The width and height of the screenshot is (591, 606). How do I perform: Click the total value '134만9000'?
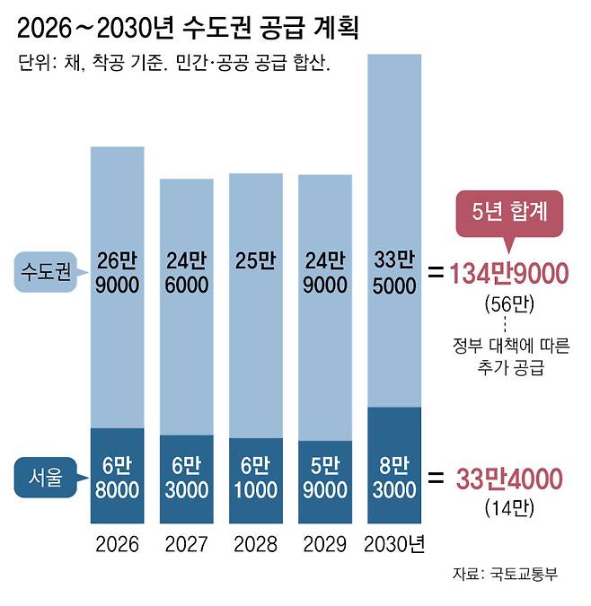click(509, 273)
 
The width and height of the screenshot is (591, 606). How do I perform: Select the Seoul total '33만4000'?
click(509, 479)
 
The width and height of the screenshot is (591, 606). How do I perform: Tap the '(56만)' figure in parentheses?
click(509, 303)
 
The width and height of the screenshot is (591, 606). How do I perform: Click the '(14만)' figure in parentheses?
click(509, 508)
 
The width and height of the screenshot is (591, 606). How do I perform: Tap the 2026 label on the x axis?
click(117, 544)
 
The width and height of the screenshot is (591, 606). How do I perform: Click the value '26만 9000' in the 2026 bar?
click(117, 273)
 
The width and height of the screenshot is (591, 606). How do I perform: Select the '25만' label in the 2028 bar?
click(255, 261)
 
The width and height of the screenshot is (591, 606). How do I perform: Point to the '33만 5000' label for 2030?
click(394, 273)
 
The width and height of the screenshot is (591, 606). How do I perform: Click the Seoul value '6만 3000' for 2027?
click(187, 479)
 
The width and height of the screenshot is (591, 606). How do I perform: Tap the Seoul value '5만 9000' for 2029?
click(324, 479)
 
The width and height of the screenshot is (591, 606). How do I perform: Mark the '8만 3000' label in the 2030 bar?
click(394, 479)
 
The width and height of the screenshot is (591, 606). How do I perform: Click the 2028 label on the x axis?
click(255, 544)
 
